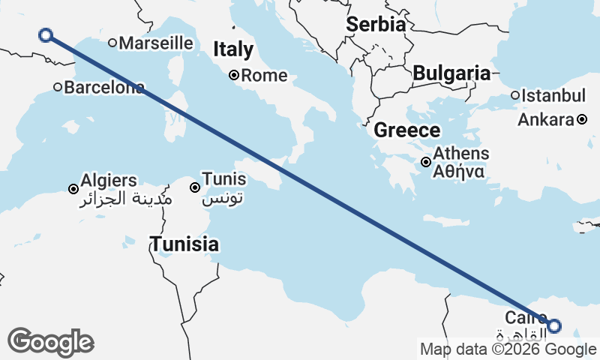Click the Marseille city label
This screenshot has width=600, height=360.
point(156,43)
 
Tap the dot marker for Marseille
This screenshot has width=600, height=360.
point(112,43)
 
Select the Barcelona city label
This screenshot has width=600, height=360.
point(104,88)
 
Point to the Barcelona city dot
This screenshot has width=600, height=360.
point(58,87)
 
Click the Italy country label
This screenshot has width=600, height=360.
point(233,49)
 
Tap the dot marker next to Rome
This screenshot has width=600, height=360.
point(234,75)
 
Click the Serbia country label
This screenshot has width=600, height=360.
point(376,24)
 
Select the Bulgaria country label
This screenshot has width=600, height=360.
point(451,73)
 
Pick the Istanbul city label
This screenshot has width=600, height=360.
point(553,96)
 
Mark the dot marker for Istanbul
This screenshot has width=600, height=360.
point(515,95)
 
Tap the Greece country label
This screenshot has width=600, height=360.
point(407,130)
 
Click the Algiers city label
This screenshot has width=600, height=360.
point(109,181)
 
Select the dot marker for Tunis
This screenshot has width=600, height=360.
point(195,187)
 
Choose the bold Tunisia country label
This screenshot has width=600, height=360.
point(184,244)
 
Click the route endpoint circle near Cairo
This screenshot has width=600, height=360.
point(553,325)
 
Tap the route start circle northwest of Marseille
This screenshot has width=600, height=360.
point(45,34)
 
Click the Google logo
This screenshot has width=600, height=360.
point(50,341)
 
